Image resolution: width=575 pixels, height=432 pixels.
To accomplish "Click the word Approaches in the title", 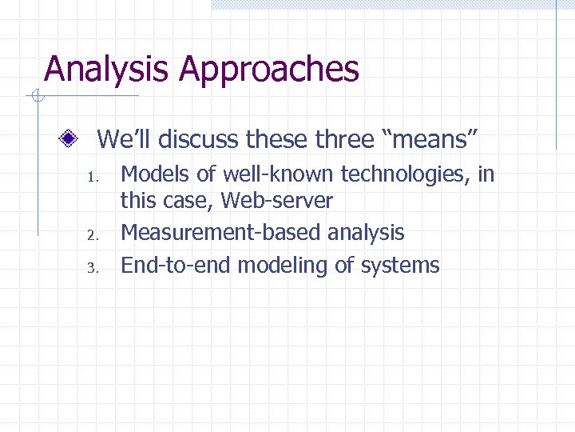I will (x=269, y=70).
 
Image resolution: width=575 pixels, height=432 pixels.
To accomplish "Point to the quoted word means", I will (x=431, y=140).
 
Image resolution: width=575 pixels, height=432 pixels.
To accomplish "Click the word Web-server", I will (x=276, y=201).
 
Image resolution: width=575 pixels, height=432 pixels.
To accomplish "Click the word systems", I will (x=398, y=266).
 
